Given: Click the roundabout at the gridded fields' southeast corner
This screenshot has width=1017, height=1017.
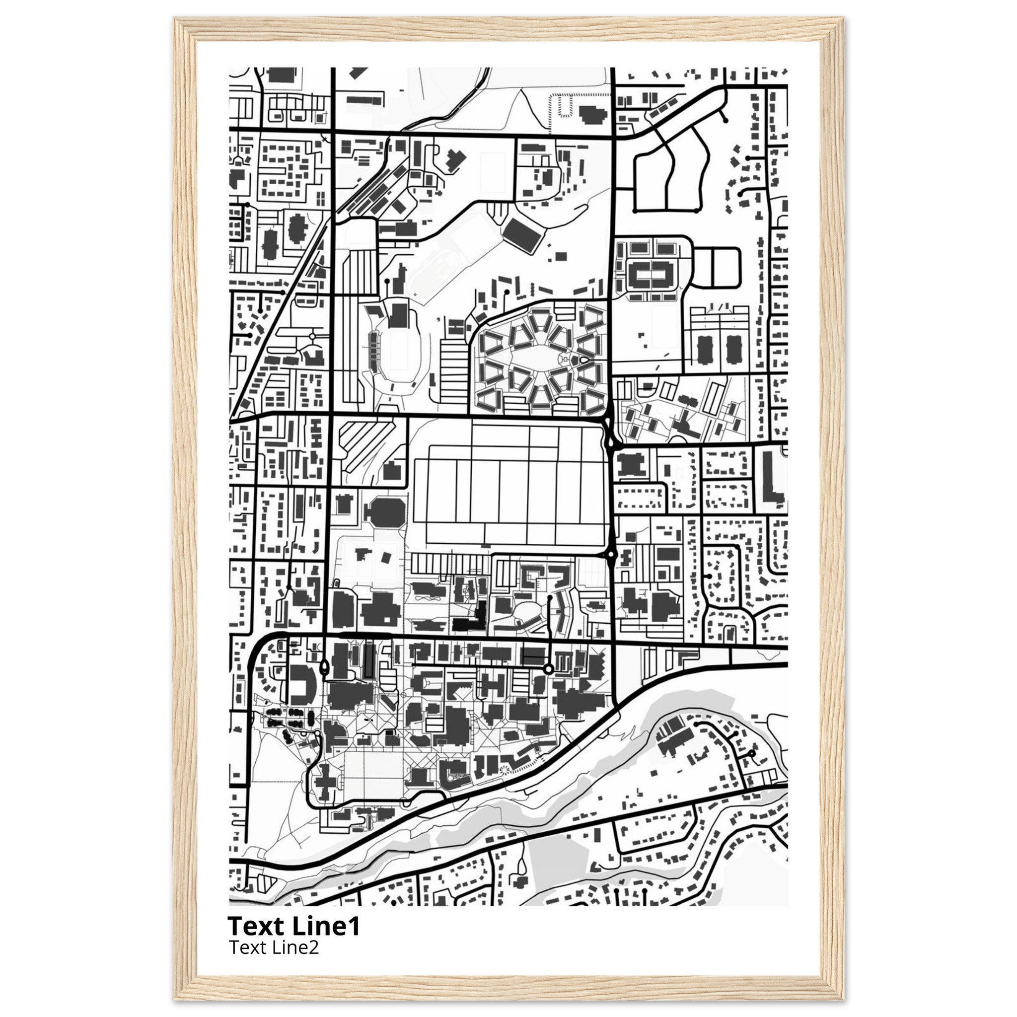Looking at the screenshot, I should [x=611, y=554].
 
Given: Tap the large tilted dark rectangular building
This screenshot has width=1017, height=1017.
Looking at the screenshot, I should [x=523, y=235].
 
